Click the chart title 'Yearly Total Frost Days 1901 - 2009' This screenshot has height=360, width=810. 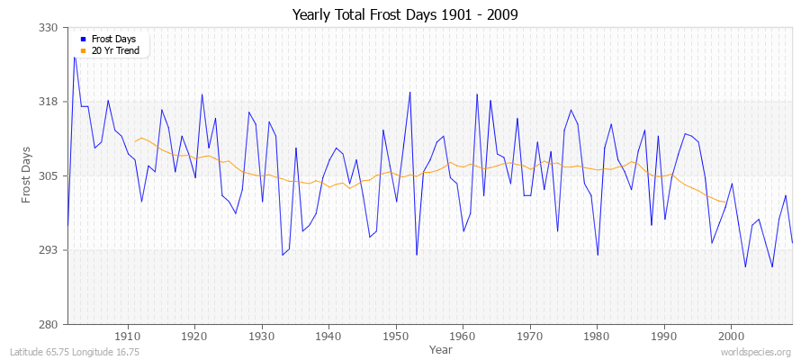pyautogui.click(x=405, y=15)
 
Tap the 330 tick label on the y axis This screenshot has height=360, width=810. pyautogui.click(x=49, y=28)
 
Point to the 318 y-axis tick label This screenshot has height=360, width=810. pyautogui.click(x=49, y=102)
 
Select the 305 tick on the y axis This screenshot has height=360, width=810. pyautogui.click(x=49, y=175)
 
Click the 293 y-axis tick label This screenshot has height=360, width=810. pyautogui.click(x=49, y=250)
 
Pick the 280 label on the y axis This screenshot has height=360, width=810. pyautogui.click(x=49, y=324)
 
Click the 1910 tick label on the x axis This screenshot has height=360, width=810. pyautogui.click(x=128, y=336)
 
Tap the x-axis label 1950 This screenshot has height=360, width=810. pyautogui.click(x=395, y=336)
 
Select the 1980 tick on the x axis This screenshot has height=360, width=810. pyautogui.click(x=597, y=336)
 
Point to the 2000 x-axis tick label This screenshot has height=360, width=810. pyautogui.click(x=731, y=336)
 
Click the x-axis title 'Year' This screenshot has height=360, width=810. pyautogui.click(x=441, y=348)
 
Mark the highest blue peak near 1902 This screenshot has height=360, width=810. pyautogui.click(x=75, y=57)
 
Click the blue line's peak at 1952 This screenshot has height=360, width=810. pyautogui.click(x=409, y=92)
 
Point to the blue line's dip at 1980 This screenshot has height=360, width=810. pyautogui.click(x=598, y=255)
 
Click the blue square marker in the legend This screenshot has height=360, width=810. pyautogui.click(x=83, y=40)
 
